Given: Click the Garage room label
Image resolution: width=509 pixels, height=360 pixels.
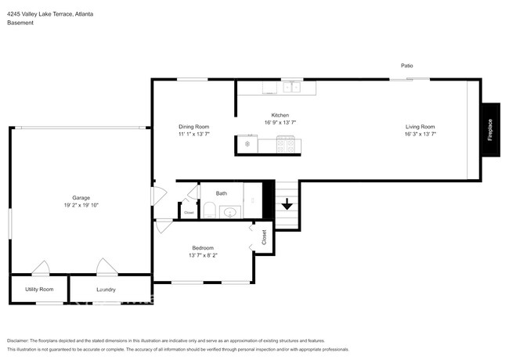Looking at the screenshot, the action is (81, 197).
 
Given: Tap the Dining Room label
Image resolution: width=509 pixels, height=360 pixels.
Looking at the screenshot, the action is (193, 127).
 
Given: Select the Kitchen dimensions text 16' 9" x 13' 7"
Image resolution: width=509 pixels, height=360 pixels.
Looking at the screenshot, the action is (280, 122).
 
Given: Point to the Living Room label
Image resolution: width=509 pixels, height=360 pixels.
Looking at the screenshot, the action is (420, 127).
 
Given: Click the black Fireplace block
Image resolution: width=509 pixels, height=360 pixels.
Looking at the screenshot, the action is (490, 130).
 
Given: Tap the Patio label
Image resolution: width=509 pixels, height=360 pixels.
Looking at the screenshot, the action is (406, 66).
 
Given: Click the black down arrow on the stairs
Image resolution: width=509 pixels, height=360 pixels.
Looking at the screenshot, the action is (287, 204).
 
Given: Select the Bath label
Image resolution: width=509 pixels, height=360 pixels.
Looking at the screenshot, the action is (222, 193).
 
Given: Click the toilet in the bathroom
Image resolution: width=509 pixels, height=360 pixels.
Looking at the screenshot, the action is (209, 210).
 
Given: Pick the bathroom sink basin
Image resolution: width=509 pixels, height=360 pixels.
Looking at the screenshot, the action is (229, 212).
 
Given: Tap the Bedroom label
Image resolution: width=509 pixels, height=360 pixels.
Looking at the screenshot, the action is (203, 248).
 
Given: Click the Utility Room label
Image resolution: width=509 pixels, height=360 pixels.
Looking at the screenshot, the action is (39, 289).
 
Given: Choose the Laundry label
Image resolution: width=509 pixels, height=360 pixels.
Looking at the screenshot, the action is (106, 290).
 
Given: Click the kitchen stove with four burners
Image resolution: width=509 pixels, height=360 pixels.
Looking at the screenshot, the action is (286, 144).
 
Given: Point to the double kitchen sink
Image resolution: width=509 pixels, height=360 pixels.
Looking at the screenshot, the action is (292, 87).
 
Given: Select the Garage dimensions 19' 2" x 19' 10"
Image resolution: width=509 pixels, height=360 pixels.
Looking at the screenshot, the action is (81, 205).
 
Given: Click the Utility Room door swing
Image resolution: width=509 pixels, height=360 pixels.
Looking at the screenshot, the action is (41, 268).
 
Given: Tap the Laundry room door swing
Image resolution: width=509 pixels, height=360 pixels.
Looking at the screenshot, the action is (106, 266).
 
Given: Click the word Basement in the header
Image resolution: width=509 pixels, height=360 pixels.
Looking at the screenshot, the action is (20, 23).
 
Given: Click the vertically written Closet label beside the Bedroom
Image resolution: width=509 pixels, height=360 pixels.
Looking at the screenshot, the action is (264, 237).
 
